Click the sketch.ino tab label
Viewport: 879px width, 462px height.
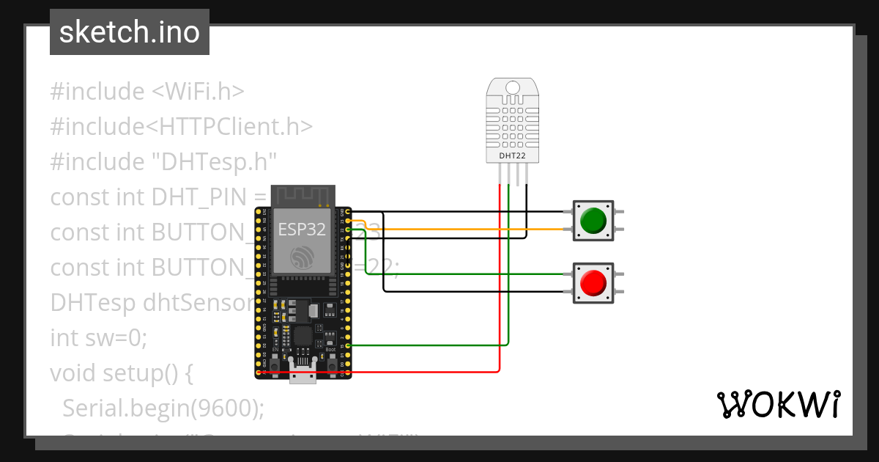129,32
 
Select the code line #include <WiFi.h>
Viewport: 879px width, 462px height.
146,92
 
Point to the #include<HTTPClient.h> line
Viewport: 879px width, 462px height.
181,127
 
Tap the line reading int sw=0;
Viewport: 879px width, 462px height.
98,338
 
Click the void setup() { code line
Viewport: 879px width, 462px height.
121,373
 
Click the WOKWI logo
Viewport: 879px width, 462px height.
777,404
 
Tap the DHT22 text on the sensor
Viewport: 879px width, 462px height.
512,155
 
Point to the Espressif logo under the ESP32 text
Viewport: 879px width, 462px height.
302,257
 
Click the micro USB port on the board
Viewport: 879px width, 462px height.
303,374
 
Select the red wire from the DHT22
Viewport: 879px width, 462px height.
500,293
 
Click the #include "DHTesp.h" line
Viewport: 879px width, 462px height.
163,161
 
